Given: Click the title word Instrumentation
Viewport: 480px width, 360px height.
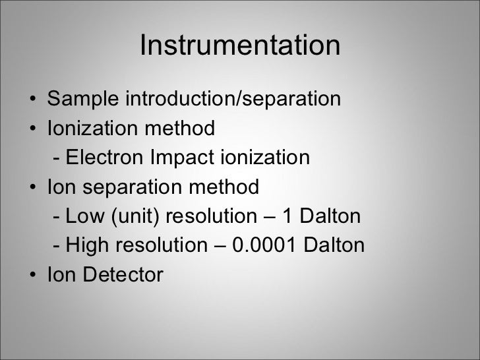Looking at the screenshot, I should (x=240, y=46).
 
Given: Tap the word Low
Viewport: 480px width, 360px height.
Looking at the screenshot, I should (x=80, y=217).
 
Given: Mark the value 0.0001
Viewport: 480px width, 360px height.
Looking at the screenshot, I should (x=263, y=246).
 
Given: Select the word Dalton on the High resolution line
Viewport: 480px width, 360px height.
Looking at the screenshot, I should (x=333, y=246).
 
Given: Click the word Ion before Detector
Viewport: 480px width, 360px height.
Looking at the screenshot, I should (x=60, y=275).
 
